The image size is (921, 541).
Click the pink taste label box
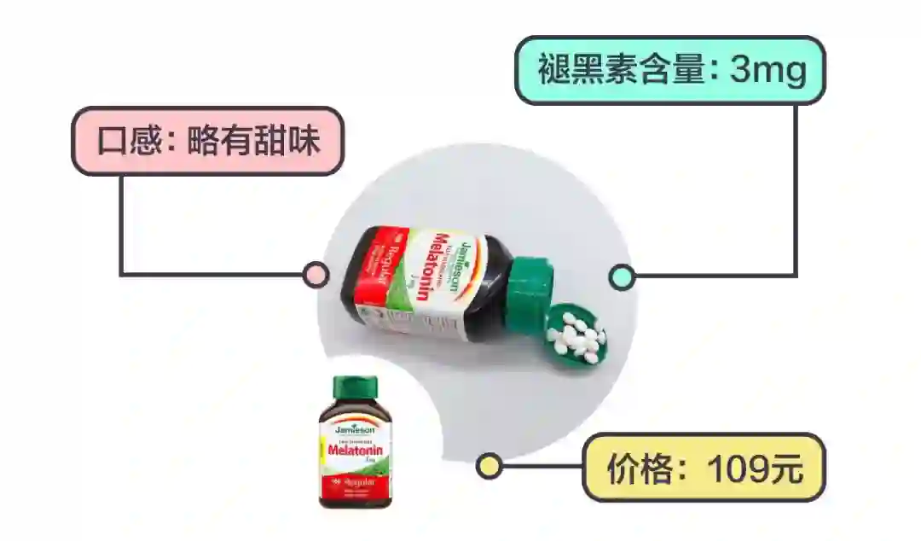click(x=207, y=141)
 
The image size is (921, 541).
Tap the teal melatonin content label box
click(x=670, y=70)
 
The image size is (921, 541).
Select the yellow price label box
click(x=704, y=467)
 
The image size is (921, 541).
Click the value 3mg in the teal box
click(x=768, y=70)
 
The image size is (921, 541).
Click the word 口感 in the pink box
click(x=123, y=141)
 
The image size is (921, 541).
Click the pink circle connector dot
click(x=316, y=275)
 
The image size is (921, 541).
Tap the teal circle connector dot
click(x=622, y=276)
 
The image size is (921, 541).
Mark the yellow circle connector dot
click(x=489, y=466)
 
